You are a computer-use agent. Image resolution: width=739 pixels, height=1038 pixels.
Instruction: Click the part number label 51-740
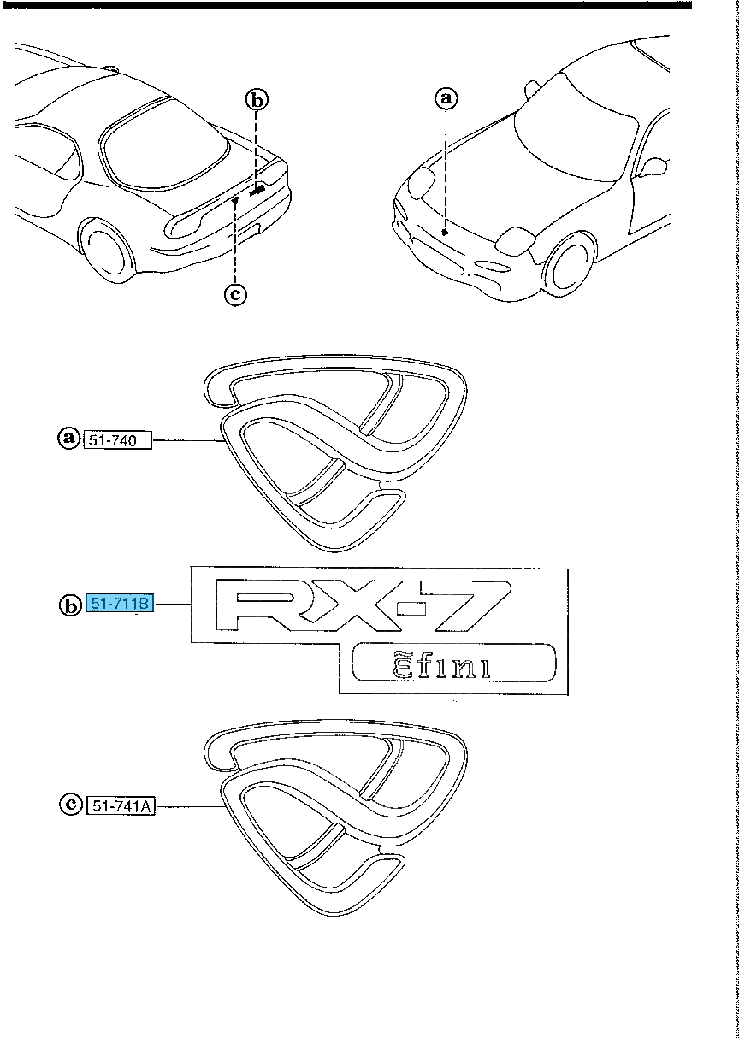pyautogui.click(x=118, y=439)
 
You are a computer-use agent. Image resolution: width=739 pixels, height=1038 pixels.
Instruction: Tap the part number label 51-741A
pyautogui.click(x=121, y=806)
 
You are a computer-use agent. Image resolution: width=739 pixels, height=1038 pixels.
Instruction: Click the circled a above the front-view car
pyautogui.click(x=446, y=98)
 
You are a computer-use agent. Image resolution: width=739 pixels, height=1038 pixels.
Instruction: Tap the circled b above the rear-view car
pyautogui.click(x=257, y=100)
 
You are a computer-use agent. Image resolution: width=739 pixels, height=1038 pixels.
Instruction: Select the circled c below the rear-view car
pyautogui.click(x=235, y=294)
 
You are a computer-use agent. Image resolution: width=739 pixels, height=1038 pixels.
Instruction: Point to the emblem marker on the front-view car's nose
pyautogui.click(x=445, y=232)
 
